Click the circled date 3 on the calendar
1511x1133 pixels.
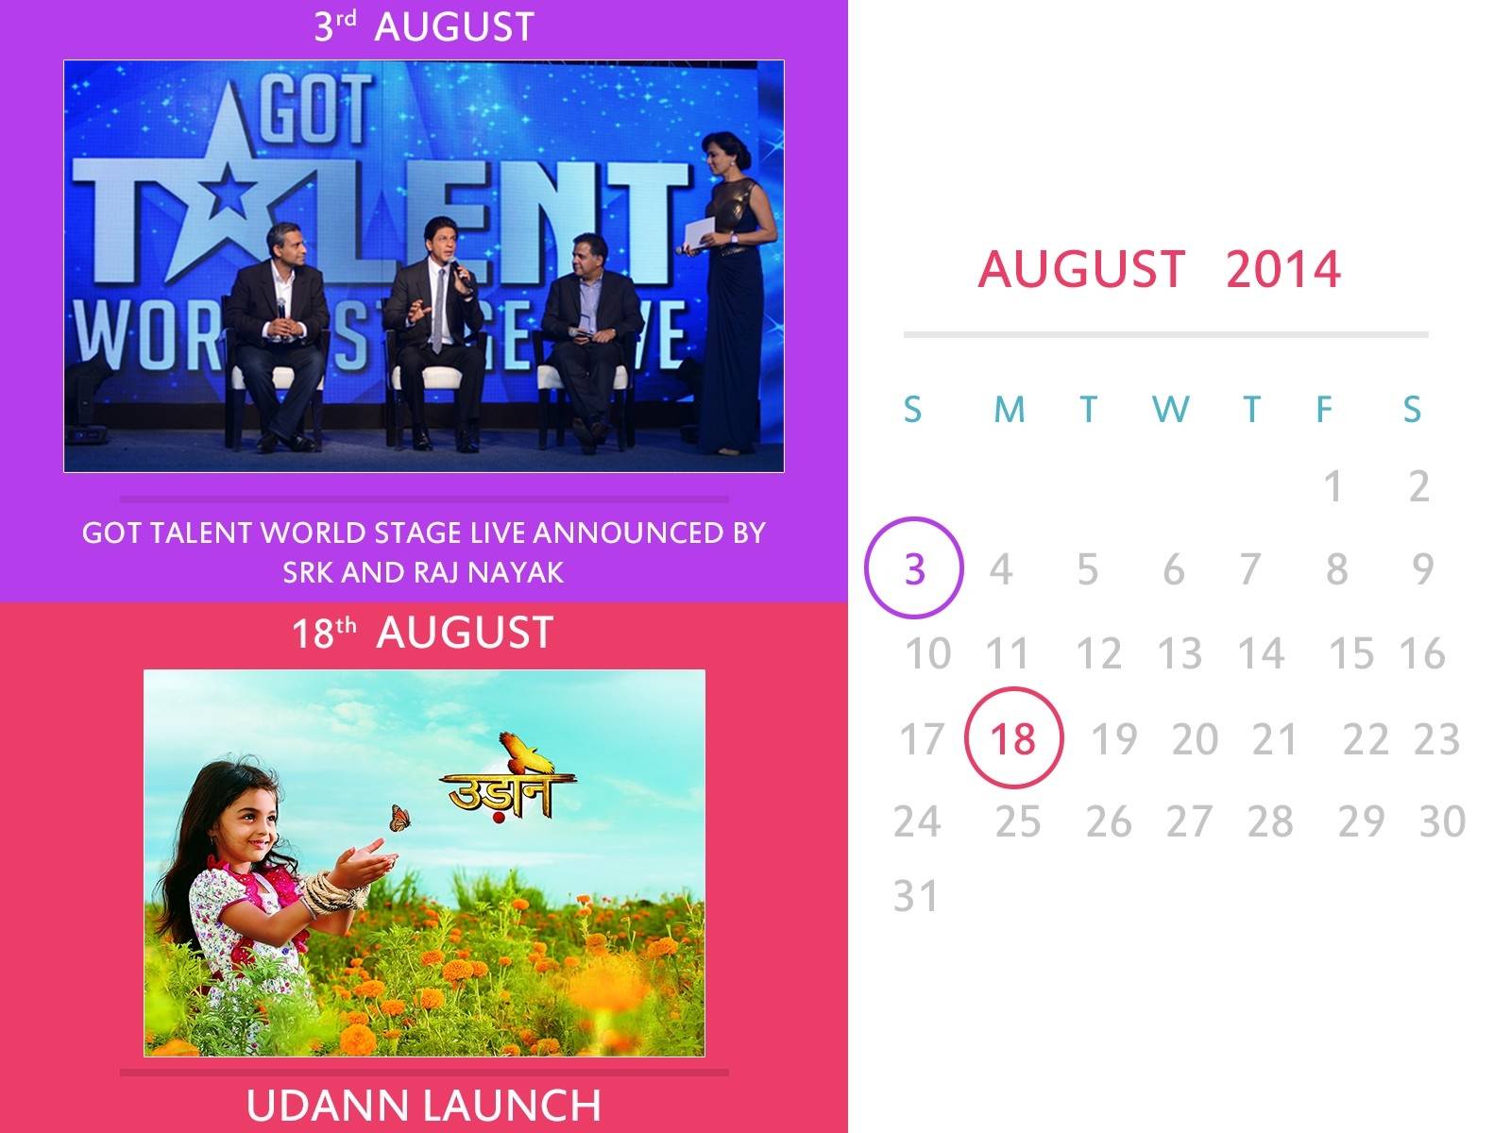914,569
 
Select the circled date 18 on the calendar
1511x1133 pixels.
1012,739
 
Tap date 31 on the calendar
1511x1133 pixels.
915,896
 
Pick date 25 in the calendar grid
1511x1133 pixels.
1017,820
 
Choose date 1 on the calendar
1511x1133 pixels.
1333,487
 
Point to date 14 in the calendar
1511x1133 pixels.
1261,652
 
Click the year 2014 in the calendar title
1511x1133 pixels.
1283,268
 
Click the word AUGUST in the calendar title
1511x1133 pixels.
1081,268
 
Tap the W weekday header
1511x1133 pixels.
1170,410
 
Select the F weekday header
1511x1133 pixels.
1324,410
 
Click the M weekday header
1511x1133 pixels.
1010,410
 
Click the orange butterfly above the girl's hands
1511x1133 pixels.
400,818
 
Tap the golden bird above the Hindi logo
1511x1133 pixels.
525,753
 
